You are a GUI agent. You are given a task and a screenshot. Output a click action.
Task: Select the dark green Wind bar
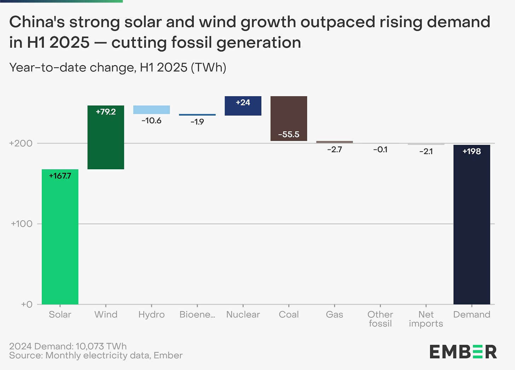tap(106, 141)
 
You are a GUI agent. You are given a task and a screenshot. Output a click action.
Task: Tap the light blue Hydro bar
tap(151, 110)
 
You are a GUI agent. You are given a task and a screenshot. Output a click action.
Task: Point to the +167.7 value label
tap(60, 176)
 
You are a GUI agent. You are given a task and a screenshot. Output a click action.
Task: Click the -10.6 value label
tap(151, 121)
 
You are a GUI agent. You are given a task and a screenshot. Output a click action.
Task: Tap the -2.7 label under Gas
tap(334, 149)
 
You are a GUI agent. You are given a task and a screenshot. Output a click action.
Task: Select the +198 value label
tap(471, 151)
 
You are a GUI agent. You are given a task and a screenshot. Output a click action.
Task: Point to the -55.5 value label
tap(289, 135)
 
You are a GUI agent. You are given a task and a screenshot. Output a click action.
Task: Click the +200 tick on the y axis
tap(21, 143)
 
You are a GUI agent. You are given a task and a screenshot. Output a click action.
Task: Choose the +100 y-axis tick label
tap(22, 224)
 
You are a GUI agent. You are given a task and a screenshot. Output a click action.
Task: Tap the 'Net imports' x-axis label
tap(426, 319)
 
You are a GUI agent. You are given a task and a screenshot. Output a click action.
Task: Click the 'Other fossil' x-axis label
tap(380, 319)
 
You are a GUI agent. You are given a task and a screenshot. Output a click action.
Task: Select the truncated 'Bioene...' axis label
tap(197, 315)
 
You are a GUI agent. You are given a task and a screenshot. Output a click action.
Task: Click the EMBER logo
tap(463, 352)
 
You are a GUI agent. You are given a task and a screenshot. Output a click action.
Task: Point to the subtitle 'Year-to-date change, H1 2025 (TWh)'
tap(117, 67)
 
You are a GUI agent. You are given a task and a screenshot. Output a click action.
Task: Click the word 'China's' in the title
tap(36, 22)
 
